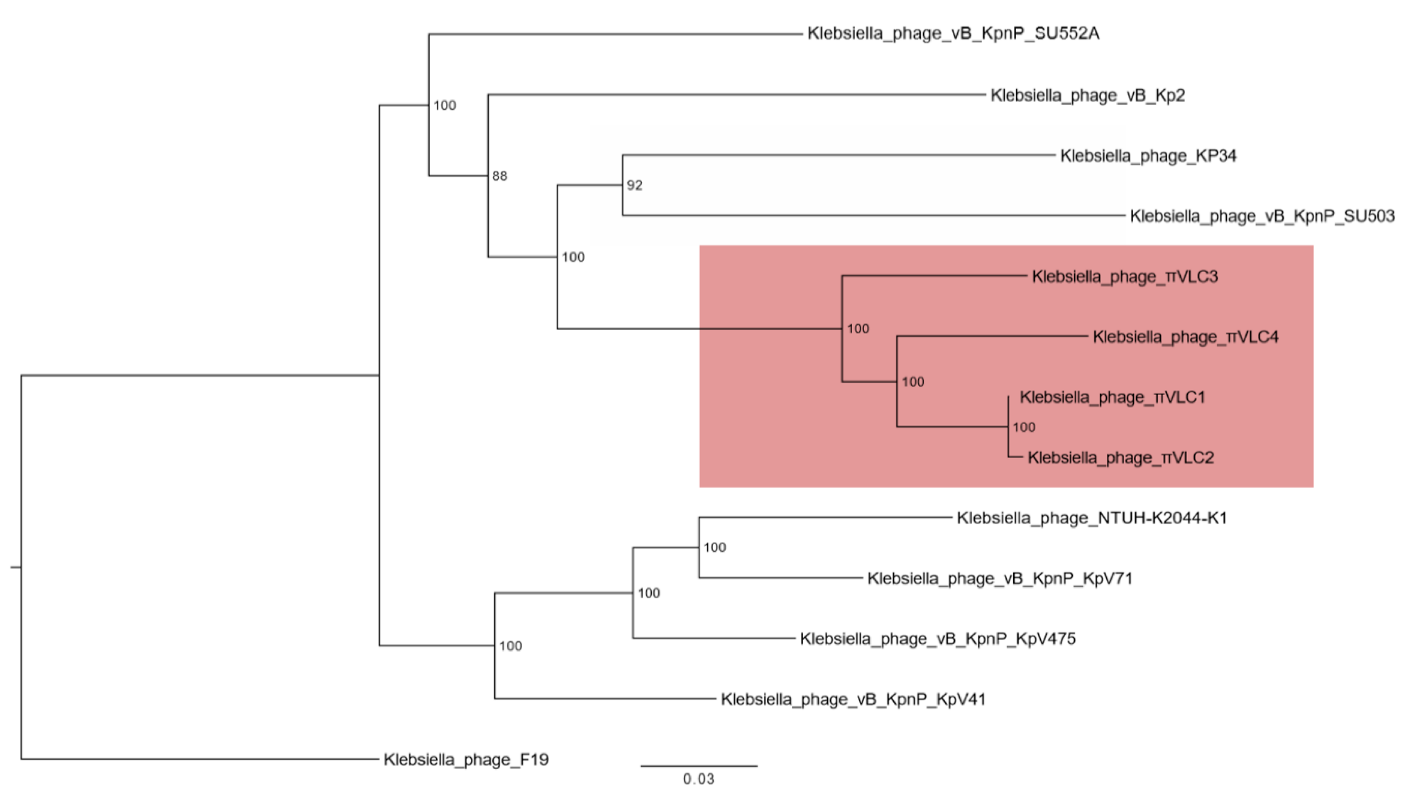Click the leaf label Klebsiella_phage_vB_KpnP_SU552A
click(953, 34)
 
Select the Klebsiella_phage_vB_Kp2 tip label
click(1088, 96)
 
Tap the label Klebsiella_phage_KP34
click(1148, 156)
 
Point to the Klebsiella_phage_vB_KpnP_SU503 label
click(1261, 217)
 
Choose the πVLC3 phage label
click(1124, 277)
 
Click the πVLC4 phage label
click(1185, 338)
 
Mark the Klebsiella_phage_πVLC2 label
click(1120, 458)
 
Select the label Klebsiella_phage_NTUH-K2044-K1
click(1092, 518)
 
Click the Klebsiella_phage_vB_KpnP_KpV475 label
click(937, 639)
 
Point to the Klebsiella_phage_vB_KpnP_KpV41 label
click(853, 699)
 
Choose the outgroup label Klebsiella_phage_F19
click(466, 760)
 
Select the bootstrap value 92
click(634, 186)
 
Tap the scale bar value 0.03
click(699, 779)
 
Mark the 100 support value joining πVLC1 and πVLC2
click(1024, 428)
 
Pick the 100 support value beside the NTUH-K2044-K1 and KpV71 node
click(715, 547)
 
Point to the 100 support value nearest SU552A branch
click(445, 106)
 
